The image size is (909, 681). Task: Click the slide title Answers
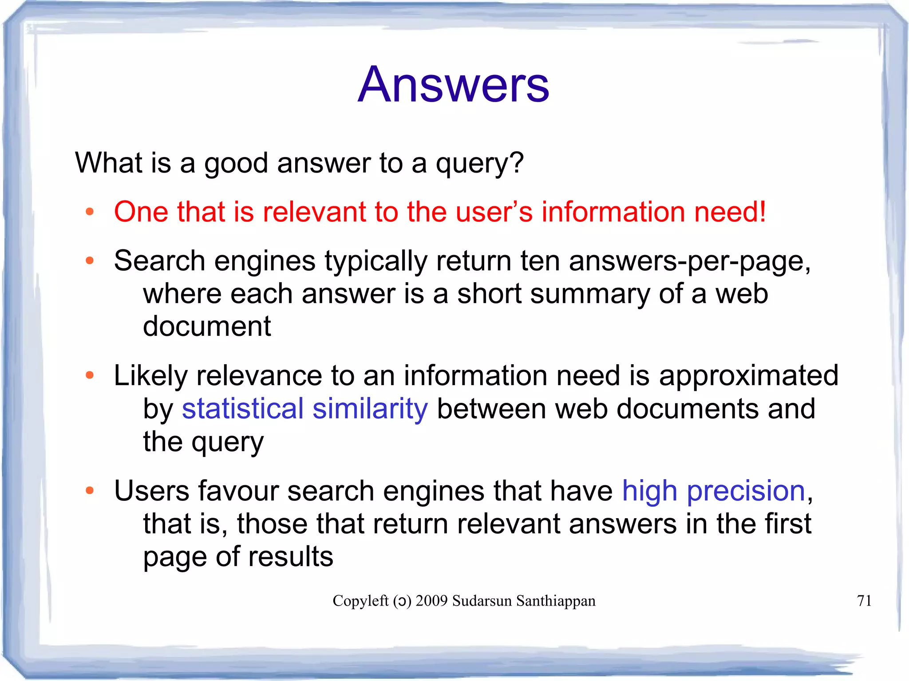pyautogui.click(x=453, y=84)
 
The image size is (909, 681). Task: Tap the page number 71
pyautogui.click(x=864, y=601)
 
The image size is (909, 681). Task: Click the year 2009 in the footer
pyautogui.click(x=431, y=601)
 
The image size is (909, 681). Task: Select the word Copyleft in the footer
pyautogui.click(x=360, y=601)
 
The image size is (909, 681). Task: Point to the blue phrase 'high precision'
pyautogui.click(x=713, y=491)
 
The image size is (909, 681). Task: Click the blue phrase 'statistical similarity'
pyautogui.click(x=305, y=409)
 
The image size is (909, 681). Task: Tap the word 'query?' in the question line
pyautogui.click(x=480, y=163)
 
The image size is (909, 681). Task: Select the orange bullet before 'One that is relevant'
pyautogui.click(x=90, y=212)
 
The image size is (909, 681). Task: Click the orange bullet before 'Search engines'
pyautogui.click(x=90, y=260)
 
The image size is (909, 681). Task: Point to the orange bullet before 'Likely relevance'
pyautogui.click(x=90, y=376)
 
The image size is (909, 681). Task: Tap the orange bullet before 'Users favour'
pyautogui.click(x=90, y=491)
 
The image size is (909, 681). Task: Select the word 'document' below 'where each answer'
pyautogui.click(x=207, y=326)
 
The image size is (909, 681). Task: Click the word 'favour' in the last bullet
pyautogui.click(x=238, y=491)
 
